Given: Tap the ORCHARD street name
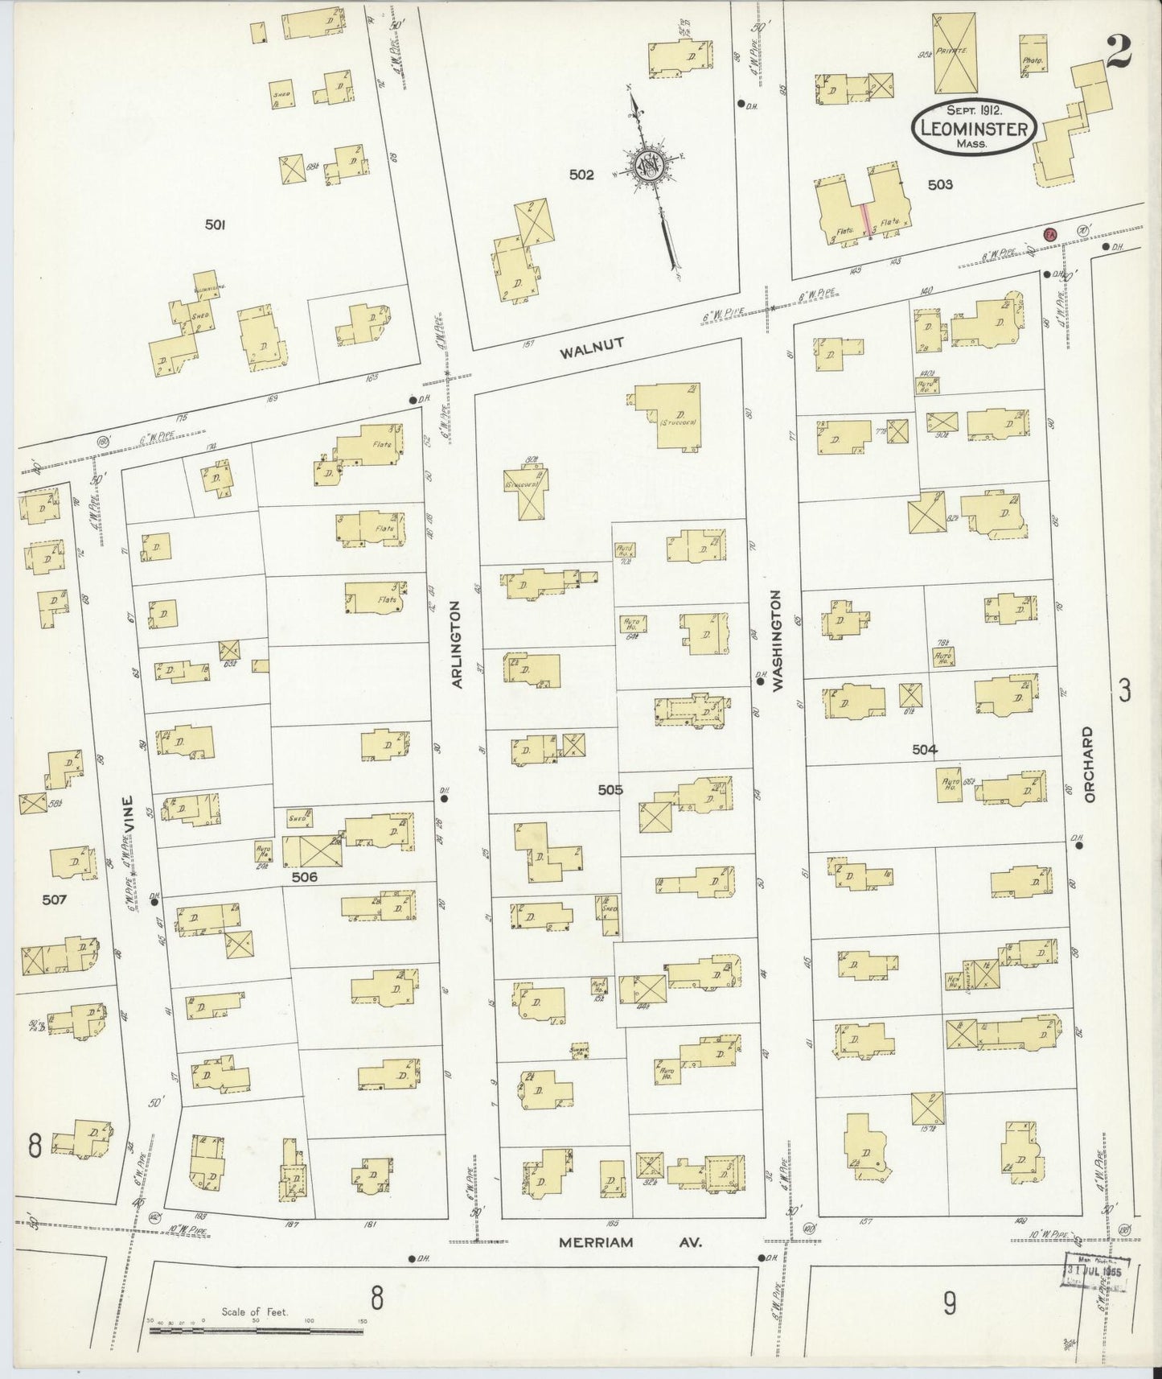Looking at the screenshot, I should pos(1089,764).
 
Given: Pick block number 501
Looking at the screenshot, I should pos(214,226).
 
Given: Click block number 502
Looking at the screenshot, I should pos(581,175).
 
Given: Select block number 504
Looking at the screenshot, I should pos(924,749).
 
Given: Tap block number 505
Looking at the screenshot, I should pos(610,789).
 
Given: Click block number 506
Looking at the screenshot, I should pos(305,877).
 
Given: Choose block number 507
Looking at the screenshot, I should pos(55,899).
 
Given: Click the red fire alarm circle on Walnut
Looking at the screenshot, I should pos(1049,234).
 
